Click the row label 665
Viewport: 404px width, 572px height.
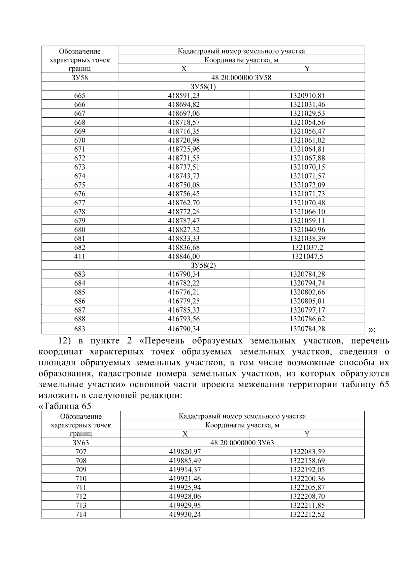[x=80, y=96]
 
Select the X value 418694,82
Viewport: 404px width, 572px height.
[x=184, y=104]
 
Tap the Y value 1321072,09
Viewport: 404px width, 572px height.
[x=307, y=185]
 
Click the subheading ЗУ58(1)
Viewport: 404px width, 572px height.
[x=203, y=87]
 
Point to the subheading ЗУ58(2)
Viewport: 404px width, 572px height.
[x=203, y=265]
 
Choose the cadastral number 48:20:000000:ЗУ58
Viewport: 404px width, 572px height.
[x=241, y=78]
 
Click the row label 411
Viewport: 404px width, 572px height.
[x=80, y=257]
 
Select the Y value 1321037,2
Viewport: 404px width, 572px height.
[x=307, y=247]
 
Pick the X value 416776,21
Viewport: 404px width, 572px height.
[x=184, y=292]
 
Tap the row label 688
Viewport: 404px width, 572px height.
[x=80, y=319]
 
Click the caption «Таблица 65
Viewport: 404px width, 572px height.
[x=65, y=406]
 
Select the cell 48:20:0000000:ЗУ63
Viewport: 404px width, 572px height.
[x=242, y=443]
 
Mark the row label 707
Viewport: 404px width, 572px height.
[x=81, y=452]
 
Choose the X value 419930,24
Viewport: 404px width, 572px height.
[x=185, y=514]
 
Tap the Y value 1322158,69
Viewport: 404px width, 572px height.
[x=307, y=461]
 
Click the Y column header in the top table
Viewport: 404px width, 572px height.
[x=307, y=69]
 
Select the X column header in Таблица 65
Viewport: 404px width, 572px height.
[x=185, y=434]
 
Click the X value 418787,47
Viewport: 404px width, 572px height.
[x=184, y=221]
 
